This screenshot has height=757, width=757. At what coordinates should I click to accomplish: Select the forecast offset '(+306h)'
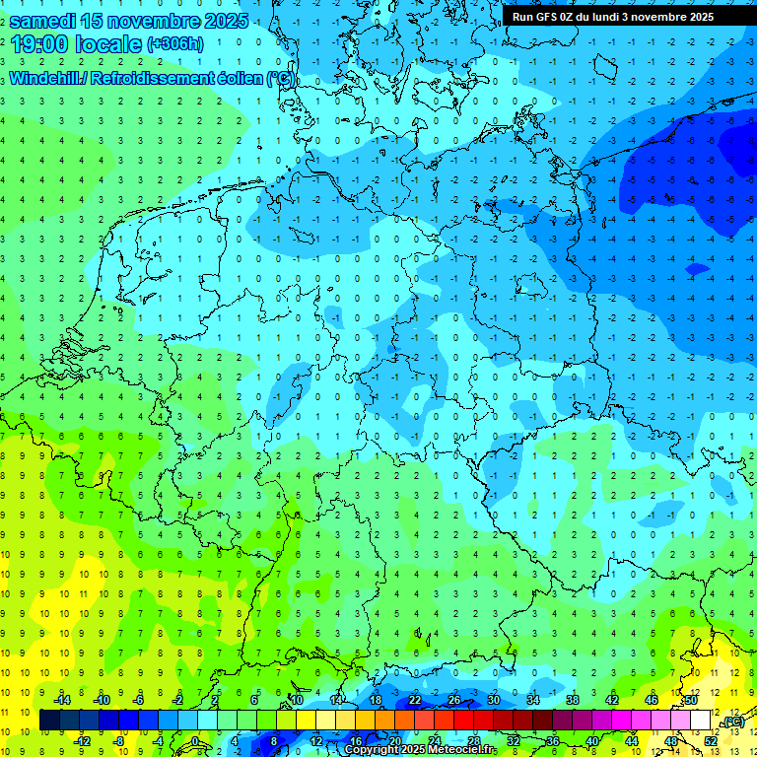pos(175,43)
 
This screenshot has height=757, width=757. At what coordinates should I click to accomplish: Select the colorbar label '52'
pos(711,740)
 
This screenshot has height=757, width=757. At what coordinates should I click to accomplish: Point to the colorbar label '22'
pos(415,700)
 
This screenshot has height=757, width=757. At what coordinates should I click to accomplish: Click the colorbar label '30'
pos(494,700)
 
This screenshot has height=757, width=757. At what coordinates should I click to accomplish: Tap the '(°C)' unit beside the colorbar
pos(732,722)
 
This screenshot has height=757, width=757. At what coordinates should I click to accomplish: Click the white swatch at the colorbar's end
pos(701,721)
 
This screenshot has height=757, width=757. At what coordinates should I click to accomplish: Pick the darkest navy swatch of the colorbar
pos(49,721)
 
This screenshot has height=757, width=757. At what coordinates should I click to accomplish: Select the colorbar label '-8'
pos(119,740)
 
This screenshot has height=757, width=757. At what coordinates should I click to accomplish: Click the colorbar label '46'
pos(652,700)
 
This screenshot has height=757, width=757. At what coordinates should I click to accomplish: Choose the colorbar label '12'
pos(316,740)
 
